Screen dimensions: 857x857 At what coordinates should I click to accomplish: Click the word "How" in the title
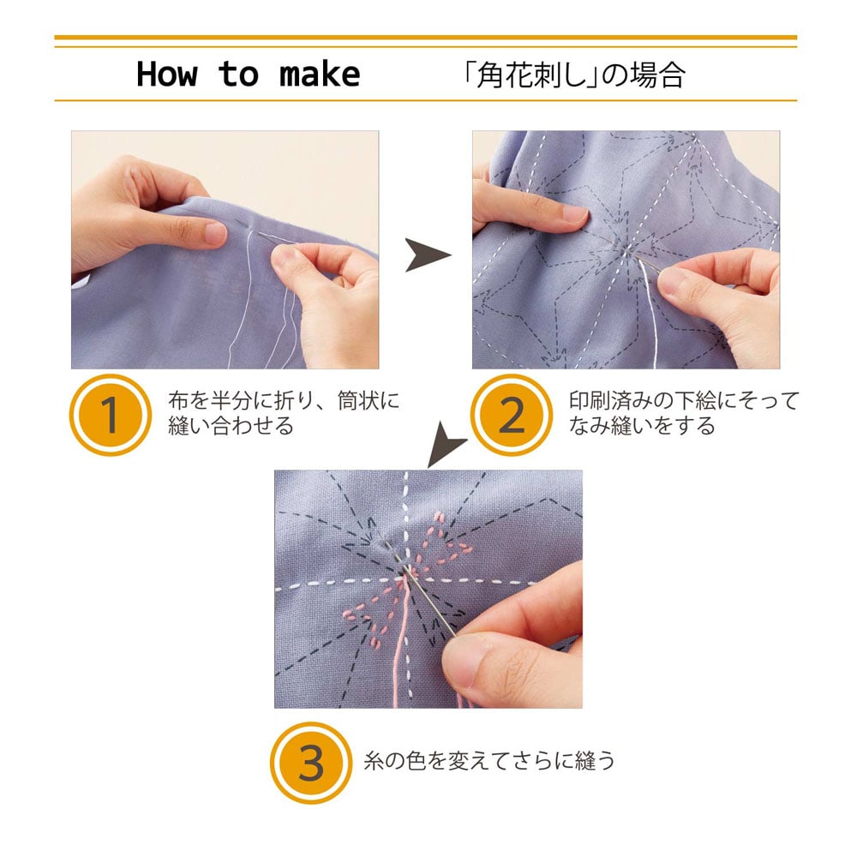(x=167, y=74)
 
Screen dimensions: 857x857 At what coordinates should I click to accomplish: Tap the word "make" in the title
(x=320, y=75)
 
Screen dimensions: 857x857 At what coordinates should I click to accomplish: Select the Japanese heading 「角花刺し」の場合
(x=573, y=75)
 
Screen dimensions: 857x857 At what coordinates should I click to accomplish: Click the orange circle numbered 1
(x=111, y=415)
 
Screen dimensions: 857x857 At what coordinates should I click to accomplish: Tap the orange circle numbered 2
(x=512, y=415)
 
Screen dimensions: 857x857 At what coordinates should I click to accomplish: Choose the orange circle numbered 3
(x=311, y=763)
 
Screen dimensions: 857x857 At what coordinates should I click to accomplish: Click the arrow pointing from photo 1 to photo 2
(x=427, y=255)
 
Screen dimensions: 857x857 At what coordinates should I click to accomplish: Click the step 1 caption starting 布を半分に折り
(x=284, y=413)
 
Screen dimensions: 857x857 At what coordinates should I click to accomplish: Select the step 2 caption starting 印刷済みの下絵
(x=684, y=413)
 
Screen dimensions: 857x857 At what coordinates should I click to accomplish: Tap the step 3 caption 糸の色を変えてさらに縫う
(x=489, y=761)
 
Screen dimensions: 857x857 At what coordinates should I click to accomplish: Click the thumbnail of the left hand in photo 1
(x=215, y=233)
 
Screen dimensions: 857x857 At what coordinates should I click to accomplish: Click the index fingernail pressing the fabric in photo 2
(x=576, y=214)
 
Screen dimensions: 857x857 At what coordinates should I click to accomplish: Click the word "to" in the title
(x=238, y=75)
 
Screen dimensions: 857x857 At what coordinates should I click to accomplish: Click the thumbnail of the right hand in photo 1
(x=285, y=258)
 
